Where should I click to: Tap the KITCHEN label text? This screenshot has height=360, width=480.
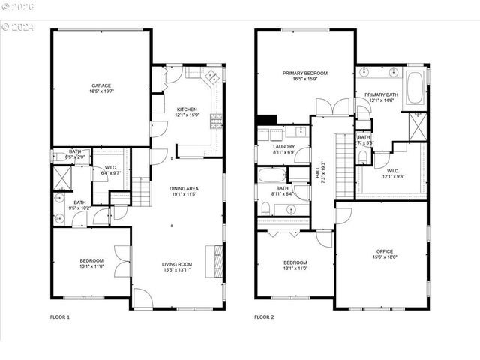tap(187, 109)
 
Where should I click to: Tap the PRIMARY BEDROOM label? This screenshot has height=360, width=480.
tap(303, 73)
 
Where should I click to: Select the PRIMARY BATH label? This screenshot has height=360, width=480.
tap(379, 94)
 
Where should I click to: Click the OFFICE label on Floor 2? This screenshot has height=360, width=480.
tap(384, 251)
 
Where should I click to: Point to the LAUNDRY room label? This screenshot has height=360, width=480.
tap(283, 147)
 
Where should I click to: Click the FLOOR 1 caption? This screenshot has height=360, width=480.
tap(59, 317)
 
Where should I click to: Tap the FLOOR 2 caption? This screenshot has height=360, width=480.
tap(264, 317)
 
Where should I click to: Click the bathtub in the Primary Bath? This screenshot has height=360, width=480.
tap(415, 87)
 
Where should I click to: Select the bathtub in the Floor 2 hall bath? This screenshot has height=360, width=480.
tap(273, 176)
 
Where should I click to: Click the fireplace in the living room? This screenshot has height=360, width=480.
tap(218, 262)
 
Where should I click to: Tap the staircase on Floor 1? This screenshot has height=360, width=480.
tap(141, 192)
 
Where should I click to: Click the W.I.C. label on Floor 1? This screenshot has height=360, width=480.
tap(110, 169)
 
